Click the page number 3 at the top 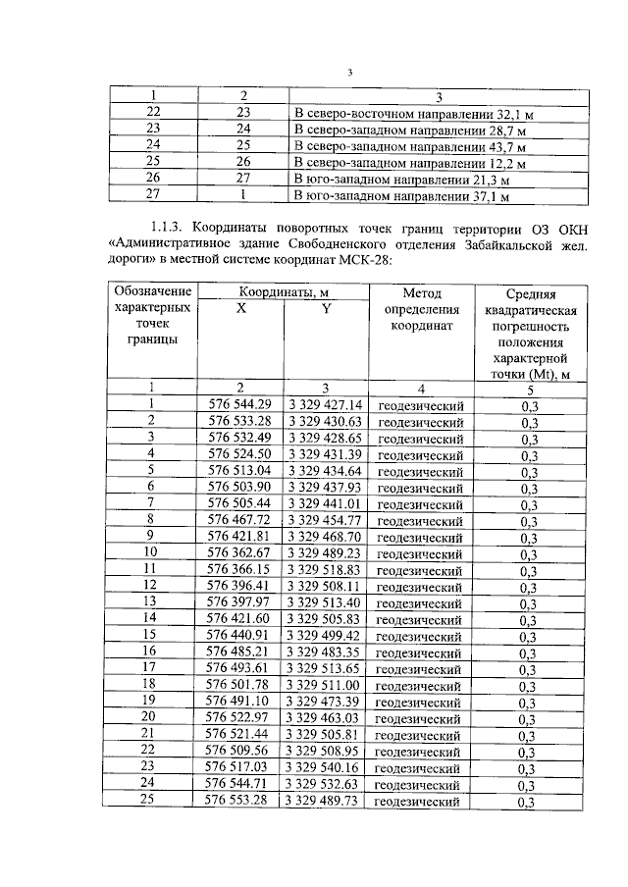[349, 73]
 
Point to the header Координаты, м [284, 291]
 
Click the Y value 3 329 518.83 [326, 569]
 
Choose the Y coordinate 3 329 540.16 [326, 767]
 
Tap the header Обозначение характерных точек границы [152, 315]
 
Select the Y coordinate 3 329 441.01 [326, 502]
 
